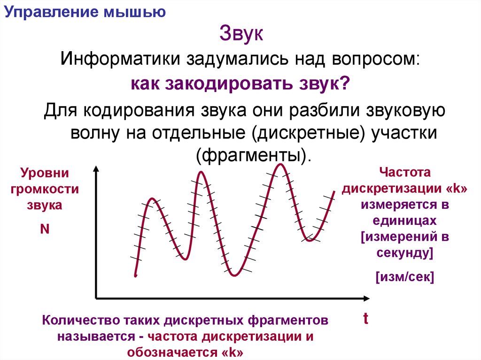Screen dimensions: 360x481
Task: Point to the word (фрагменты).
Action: click(254, 154)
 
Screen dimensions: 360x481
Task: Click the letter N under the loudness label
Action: click(45, 229)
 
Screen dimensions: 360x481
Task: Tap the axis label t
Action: click(365, 319)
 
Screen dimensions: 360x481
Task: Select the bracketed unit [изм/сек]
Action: click(404, 277)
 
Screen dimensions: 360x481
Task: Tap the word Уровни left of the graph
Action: click(45, 173)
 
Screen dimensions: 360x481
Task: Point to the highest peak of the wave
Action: click(281, 164)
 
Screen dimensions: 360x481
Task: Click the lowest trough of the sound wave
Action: click(233, 275)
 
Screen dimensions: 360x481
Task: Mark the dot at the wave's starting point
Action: click(135, 276)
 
